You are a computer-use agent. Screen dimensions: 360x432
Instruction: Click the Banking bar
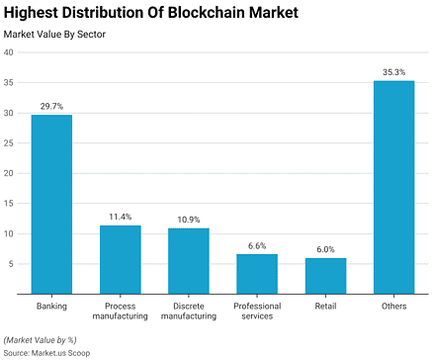click(x=51, y=205)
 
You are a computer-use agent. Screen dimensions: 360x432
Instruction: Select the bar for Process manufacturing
click(x=120, y=259)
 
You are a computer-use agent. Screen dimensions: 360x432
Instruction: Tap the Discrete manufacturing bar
click(x=188, y=261)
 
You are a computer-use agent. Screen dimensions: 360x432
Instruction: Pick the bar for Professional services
click(x=257, y=274)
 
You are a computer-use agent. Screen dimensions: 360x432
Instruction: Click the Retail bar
click(x=325, y=276)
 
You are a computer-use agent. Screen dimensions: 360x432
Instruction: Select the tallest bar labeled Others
click(x=393, y=187)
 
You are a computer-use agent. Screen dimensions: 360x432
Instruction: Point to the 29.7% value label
click(x=51, y=106)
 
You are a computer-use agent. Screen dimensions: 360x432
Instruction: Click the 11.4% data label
click(x=120, y=217)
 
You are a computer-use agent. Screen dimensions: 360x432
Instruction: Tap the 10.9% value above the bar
click(x=188, y=220)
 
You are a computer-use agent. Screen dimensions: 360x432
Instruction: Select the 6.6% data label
click(x=257, y=245)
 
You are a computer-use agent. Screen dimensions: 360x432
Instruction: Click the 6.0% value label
click(x=325, y=249)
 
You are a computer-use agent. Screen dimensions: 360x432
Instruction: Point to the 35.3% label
click(x=393, y=72)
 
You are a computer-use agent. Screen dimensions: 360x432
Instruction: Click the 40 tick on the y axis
click(x=8, y=52)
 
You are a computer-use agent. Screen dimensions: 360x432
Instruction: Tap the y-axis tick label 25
click(x=8, y=143)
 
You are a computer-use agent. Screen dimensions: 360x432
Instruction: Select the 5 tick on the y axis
click(x=10, y=264)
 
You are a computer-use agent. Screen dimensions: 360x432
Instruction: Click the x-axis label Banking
click(x=51, y=306)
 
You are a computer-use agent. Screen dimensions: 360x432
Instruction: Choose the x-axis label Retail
click(x=325, y=306)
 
